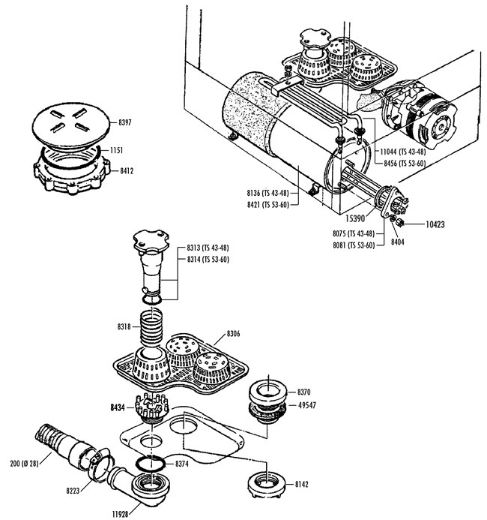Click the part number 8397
[125, 122]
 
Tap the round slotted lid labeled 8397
[71, 125]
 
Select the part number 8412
[127, 171]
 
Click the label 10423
[435, 224]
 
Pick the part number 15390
[355, 218]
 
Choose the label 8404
[397, 242]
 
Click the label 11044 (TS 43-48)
[403, 152]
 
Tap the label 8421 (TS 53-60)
[267, 205]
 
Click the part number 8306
[233, 334]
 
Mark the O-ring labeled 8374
[151, 463]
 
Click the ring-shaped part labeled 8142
[267, 484]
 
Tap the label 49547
[307, 405]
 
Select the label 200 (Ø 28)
[24, 463]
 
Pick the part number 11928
[120, 514]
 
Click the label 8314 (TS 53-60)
[208, 260]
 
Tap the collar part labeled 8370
[268, 392]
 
